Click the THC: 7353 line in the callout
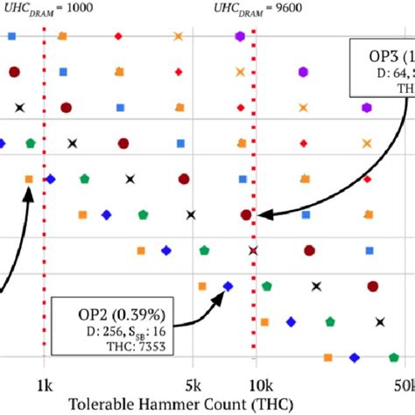[x=134, y=345]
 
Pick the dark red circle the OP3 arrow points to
[x=247, y=214]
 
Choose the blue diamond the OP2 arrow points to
[x=228, y=285]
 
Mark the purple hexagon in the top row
[x=240, y=36]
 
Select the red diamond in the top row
[x=119, y=36]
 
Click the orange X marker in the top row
[x=178, y=36]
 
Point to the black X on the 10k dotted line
[x=253, y=250]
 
